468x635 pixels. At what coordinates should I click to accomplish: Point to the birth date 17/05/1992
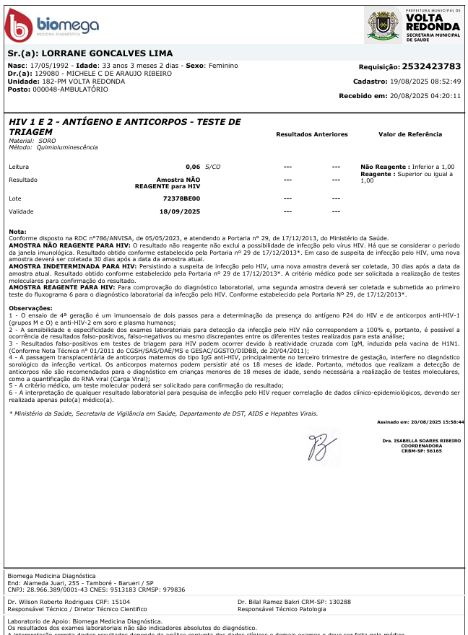click(55, 66)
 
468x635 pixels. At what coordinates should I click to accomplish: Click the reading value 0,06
click(193, 167)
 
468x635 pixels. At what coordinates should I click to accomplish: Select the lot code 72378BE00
click(181, 198)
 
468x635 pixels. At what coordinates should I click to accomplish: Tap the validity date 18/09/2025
click(179, 211)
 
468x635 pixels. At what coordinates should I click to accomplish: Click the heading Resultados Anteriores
click(312, 134)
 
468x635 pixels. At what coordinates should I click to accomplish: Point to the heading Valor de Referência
click(410, 134)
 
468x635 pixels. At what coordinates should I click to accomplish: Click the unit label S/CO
click(212, 167)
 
